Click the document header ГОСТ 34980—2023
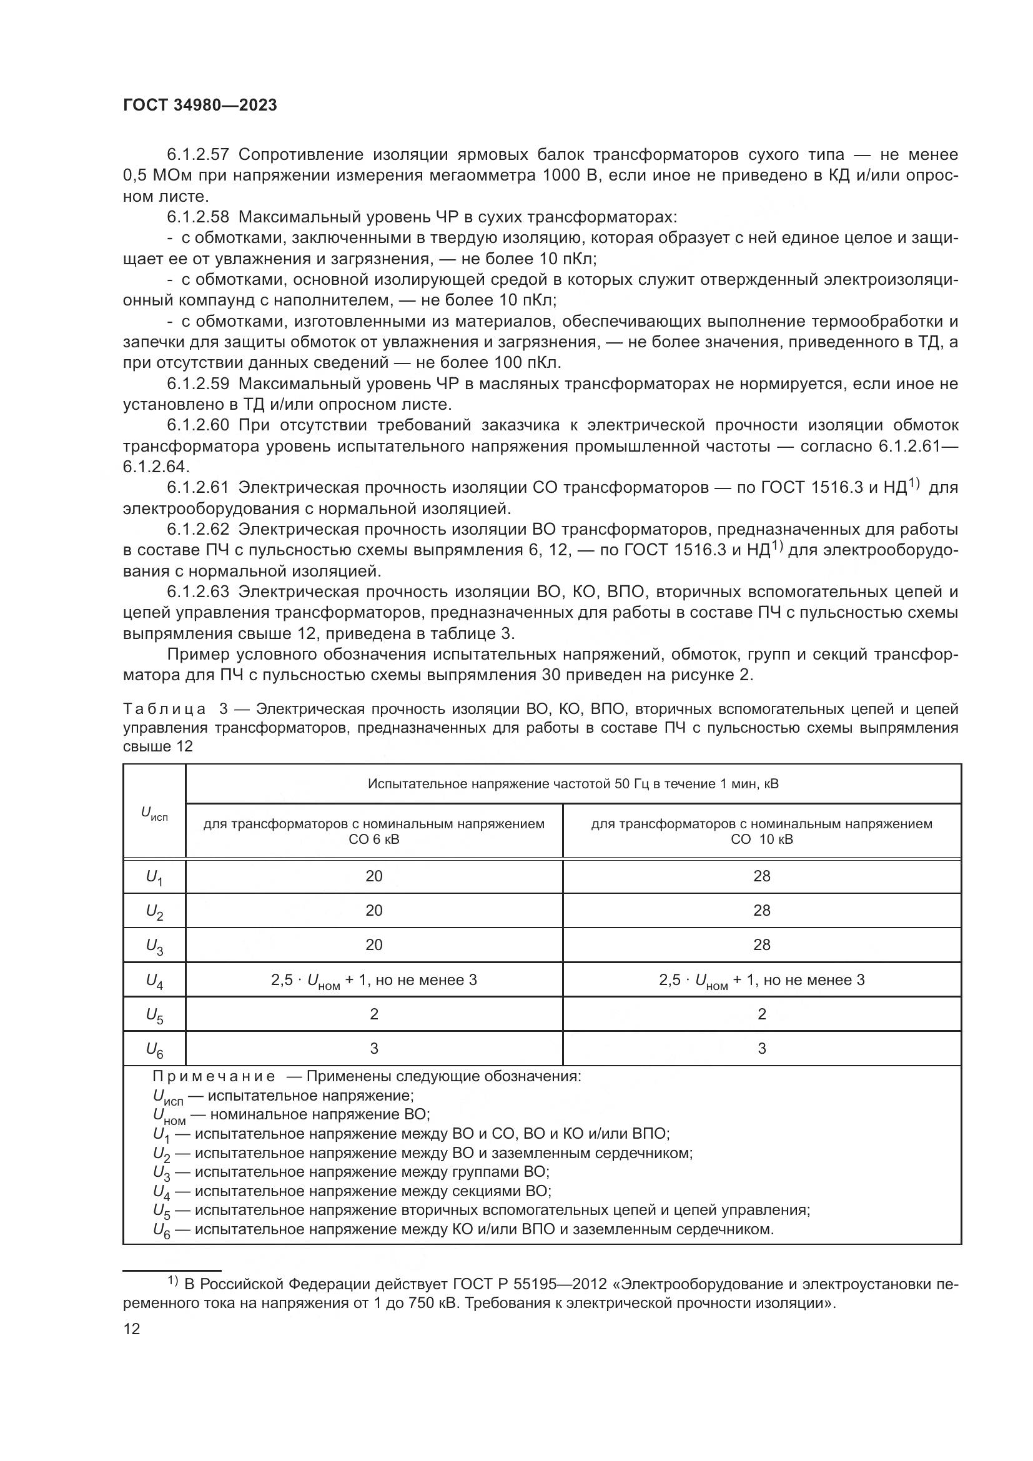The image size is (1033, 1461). click(x=200, y=106)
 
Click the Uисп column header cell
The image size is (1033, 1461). click(x=154, y=813)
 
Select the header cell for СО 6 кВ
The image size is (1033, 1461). click(x=373, y=831)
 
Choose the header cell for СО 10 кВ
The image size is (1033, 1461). click(x=761, y=831)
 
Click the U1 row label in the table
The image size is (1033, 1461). click(x=154, y=878)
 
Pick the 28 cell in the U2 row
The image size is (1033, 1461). click(x=761, y=911)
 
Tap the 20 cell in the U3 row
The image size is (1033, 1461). click(x=373, y=945)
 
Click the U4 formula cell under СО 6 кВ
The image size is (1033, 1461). click(x=373, y=980)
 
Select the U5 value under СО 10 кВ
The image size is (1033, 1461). click(x=761, y=1014)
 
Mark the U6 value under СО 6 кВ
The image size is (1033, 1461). click(x=373, y=1048)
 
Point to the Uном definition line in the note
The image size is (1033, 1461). click(x=291, y=1114)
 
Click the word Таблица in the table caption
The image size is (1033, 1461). click(x=164, y=709)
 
